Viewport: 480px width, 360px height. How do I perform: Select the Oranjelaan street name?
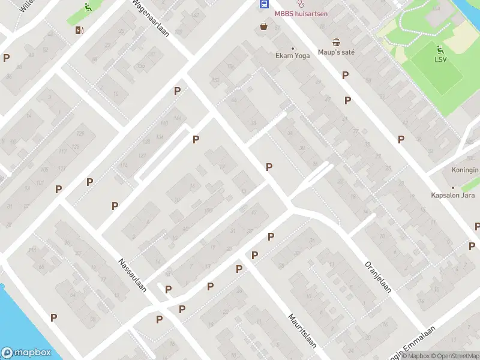(378, 277)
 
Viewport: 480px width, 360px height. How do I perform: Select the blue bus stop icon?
(263, 4)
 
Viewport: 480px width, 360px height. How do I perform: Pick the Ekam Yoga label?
(292, 55)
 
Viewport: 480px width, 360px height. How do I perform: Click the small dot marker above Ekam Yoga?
(293, 48)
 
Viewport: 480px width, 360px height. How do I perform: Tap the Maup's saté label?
(336, 52)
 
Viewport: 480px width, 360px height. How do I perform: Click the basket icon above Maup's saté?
(337, 42)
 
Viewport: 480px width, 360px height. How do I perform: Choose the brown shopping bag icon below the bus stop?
(263, 26)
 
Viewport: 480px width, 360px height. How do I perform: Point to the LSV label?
(441, 59)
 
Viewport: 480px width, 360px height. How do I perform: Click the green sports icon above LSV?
(441, 49)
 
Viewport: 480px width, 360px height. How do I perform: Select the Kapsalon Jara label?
(453, 195)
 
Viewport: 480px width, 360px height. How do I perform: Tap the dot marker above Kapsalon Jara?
(453, 187)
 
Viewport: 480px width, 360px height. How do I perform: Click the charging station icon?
(79, 30)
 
